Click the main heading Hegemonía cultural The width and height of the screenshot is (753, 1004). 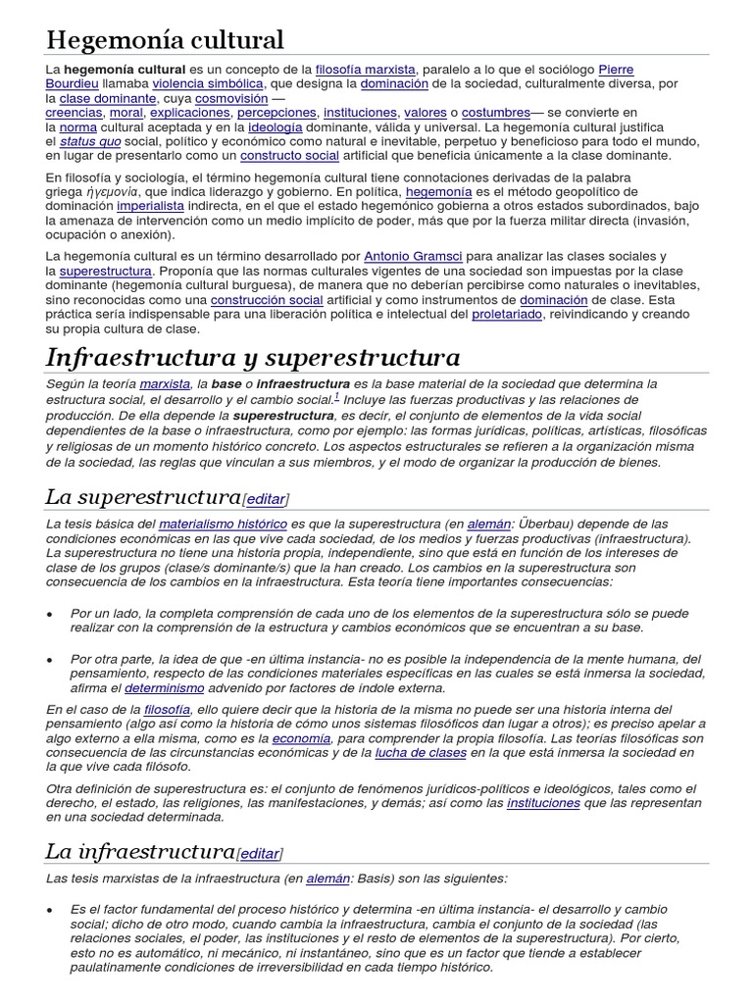165,40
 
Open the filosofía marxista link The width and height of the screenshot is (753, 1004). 366,70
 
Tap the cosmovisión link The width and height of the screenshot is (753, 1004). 230,99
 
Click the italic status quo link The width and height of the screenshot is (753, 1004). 91,141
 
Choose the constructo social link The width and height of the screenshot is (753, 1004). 289,156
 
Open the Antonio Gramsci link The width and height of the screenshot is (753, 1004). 411,256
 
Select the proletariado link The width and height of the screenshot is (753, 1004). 506,314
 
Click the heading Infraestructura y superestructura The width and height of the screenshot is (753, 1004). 252,357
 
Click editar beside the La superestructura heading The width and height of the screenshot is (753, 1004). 266,499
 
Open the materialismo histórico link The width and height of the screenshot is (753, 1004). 223,525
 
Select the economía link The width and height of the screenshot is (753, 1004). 301,738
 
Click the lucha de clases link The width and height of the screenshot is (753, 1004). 420,753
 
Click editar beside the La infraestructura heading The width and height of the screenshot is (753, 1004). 259,854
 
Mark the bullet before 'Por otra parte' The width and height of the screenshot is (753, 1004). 50,660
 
